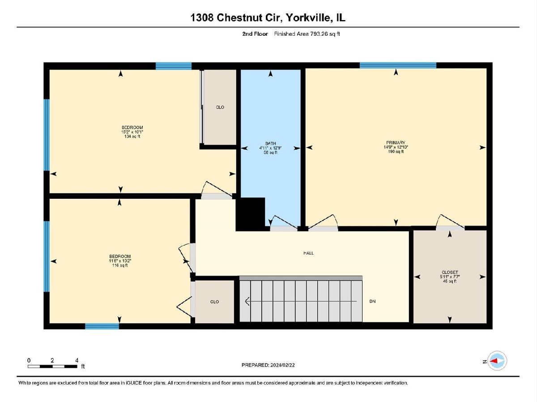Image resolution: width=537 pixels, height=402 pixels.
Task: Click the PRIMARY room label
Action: (396, 142)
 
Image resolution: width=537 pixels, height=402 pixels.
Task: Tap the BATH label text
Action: (270, 143)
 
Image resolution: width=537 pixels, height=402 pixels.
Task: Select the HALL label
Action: (308, 253)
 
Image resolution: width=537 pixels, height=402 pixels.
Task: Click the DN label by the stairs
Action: (372, 301)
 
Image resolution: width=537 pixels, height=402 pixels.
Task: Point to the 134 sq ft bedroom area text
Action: (132, 136)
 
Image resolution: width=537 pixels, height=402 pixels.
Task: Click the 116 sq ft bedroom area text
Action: (120, 265)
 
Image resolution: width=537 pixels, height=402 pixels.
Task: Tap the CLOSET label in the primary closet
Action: (450, 272)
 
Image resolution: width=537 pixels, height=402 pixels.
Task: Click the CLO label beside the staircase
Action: (214, 301)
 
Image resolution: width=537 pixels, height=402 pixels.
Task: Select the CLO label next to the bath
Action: (220, 107)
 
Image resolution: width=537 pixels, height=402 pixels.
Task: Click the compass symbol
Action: (497, 361)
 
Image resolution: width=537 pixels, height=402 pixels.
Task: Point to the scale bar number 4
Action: (77, 360)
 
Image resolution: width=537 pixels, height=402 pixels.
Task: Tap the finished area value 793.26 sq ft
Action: (325, 34)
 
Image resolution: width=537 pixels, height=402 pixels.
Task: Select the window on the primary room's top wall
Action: (398, 65)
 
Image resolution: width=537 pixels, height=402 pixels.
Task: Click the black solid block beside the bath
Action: (250, 214)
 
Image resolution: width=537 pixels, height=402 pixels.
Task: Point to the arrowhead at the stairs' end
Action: (247, 301)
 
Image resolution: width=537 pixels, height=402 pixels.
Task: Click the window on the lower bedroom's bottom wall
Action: (102, 326)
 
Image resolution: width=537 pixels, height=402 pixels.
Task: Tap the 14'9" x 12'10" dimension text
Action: (396, 147)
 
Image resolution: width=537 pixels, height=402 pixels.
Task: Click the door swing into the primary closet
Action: (450, 221)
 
